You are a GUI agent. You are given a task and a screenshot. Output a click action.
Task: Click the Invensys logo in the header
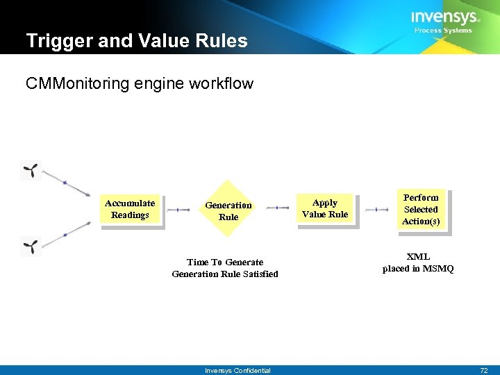click(444, 17)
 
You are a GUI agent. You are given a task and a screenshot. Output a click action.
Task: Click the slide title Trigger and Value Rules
click(137, 41)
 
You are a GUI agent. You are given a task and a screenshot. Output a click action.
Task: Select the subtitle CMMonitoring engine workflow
click(140, 84)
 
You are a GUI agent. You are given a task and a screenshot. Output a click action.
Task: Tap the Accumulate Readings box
click(130, 209)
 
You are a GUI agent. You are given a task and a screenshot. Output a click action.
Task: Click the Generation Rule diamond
click(228, 210)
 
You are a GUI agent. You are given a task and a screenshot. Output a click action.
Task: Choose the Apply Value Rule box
click(324, 208)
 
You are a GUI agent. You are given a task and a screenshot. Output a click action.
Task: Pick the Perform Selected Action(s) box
click(421, 210)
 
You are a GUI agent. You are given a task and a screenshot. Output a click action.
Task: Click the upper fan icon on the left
click(32, 169)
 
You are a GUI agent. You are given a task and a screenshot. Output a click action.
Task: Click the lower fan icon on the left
click(32, 246)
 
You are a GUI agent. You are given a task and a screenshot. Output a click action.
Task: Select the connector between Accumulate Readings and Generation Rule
click(178, 209)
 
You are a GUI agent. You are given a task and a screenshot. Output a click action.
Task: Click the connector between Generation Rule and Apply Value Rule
click(277, 208)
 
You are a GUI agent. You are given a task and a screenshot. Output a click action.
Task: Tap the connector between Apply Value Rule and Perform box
click(376, 208)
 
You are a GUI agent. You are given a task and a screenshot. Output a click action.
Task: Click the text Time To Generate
click(225, 262)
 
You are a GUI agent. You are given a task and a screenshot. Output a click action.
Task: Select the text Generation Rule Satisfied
click(225, 274)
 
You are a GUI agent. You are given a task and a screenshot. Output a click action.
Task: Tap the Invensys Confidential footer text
click(237, 371)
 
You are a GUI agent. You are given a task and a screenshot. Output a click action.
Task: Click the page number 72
click(483, 370)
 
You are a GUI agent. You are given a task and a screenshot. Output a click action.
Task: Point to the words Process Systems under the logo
click(443, 31)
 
